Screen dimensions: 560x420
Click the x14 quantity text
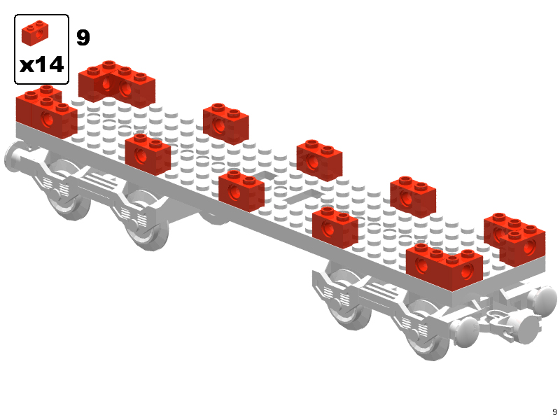(42, 65)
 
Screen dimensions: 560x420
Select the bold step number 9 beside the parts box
(83, 37)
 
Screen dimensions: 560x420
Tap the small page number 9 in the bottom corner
(554, 412)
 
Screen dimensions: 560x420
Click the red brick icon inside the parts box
(35, 33)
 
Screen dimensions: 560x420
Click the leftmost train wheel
(68, 189)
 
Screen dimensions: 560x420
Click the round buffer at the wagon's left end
(14, 157)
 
